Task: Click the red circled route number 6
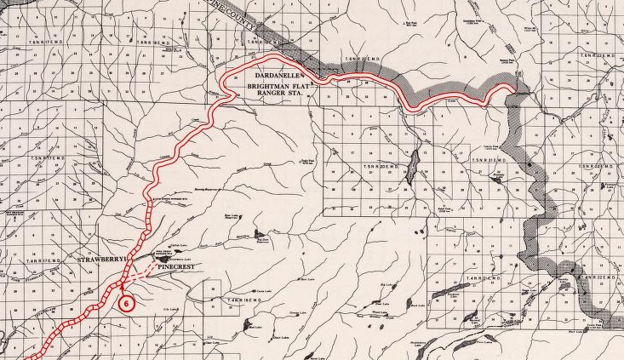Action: click(128, 302)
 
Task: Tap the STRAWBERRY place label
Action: click(100, 257)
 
